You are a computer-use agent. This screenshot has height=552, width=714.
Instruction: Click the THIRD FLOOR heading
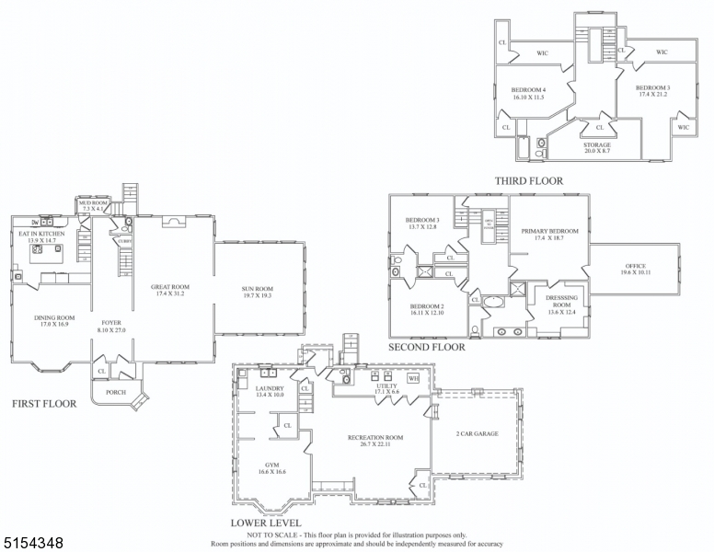528,180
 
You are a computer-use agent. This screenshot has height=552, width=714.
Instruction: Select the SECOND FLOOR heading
426,348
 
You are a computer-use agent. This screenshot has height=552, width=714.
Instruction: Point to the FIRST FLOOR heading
43,403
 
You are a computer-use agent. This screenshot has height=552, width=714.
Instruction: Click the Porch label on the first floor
116,391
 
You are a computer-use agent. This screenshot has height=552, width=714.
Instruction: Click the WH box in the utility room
413,377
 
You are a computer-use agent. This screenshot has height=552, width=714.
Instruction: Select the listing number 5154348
32,544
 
